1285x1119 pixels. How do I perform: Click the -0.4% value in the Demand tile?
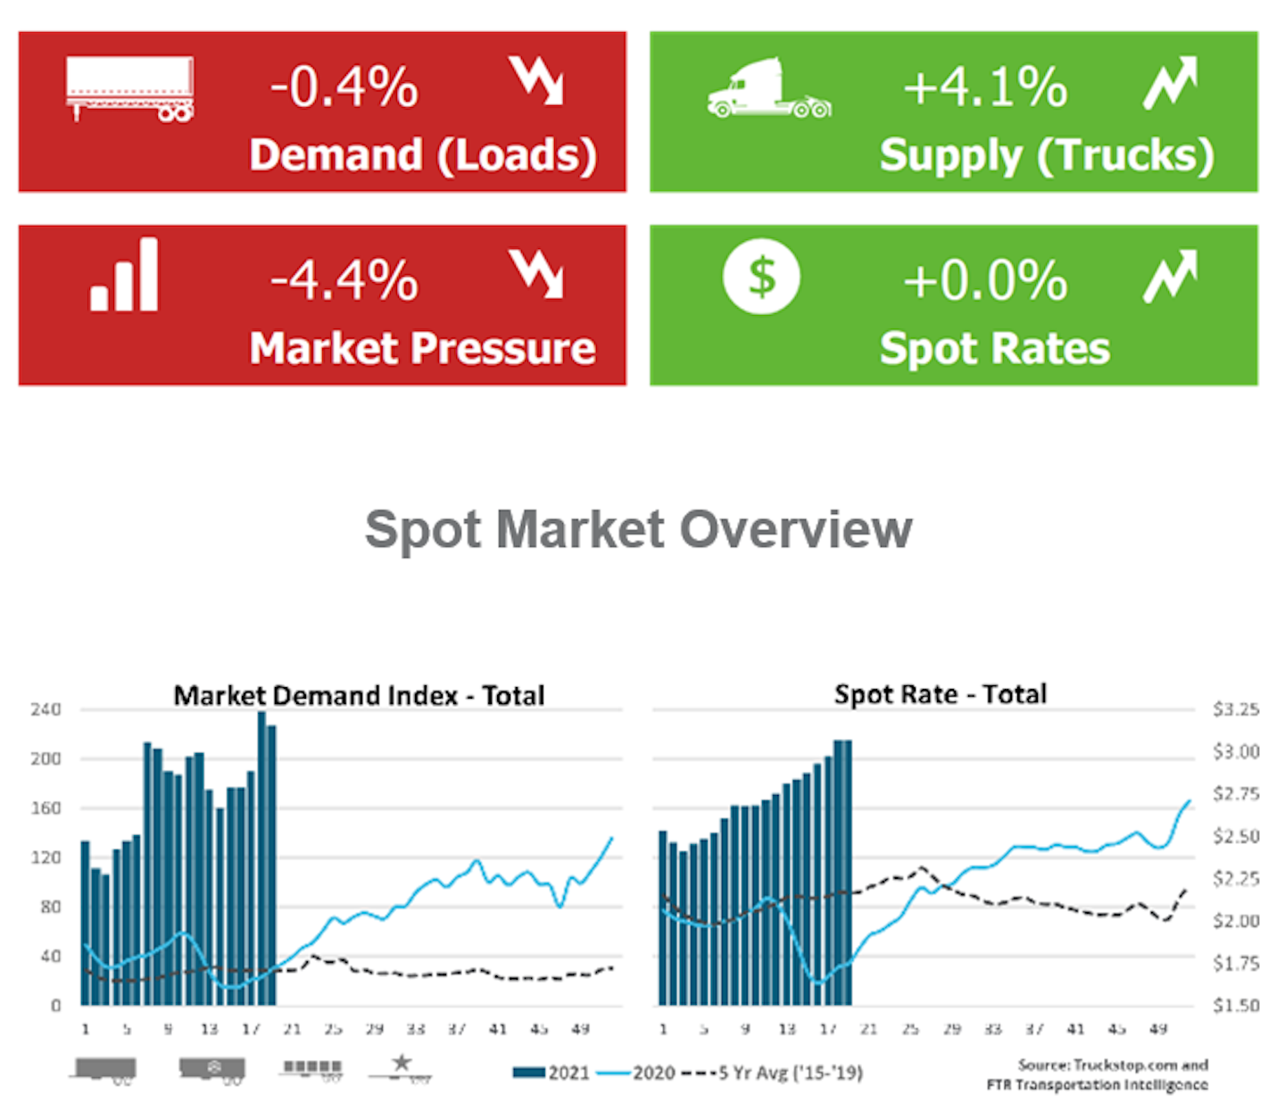[x=344, y=87]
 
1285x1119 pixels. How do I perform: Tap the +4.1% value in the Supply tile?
[x=985, y=87]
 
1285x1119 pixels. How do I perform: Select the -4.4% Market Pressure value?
[x=344, y=280]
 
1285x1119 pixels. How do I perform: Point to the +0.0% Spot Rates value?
[x=985, y=280]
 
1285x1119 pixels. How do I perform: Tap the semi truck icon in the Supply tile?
[x=769, y=89]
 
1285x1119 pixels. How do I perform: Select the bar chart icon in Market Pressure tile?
[x=125, y=275]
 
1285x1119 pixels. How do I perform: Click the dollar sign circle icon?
[x=761, y=277]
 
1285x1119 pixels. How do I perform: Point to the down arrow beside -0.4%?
[x=536, y=80]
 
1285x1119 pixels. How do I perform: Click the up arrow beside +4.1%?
[x=1170, y=82]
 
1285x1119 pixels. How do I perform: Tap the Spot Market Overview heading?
[x=639, y=529]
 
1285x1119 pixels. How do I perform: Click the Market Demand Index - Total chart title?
[x=359, y=695]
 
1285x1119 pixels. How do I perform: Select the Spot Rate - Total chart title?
[x=941, y=694]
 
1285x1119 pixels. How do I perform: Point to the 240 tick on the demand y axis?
[x=46, y=710]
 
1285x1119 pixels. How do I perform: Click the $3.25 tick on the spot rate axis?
[x=1236, y=710]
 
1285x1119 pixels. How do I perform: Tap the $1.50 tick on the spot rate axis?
[x=1236, y=1006]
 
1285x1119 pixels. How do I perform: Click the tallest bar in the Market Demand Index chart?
[x=261, y=857]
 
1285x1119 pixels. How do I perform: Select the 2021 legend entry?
[x=551, y=1073]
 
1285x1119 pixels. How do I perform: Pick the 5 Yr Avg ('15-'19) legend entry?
[x=773, y=1073]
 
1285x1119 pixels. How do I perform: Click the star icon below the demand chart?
[x=402, y=1063]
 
